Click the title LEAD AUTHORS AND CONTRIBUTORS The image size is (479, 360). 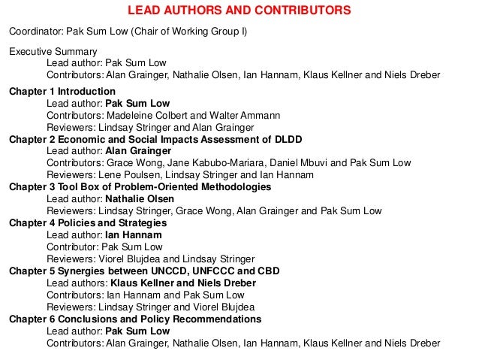pyautogui.click(x=239, y=11)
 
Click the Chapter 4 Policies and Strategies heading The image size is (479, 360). pyautogui.click(x=87, y=223)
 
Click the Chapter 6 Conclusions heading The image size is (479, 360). pyautogui.click(x=135, y=319)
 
